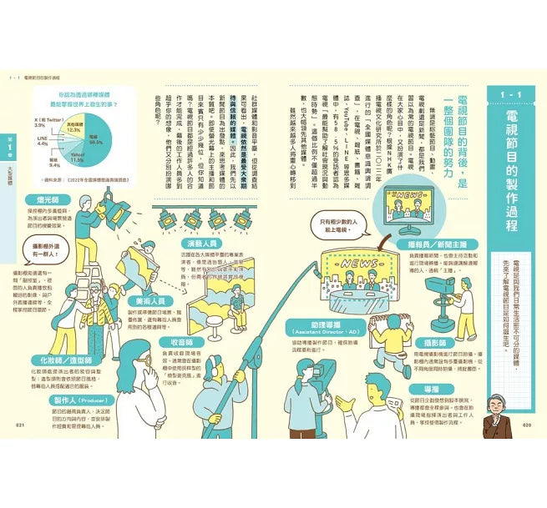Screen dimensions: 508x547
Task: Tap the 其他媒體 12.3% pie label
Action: pyautogui.click(x=73, y=128)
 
